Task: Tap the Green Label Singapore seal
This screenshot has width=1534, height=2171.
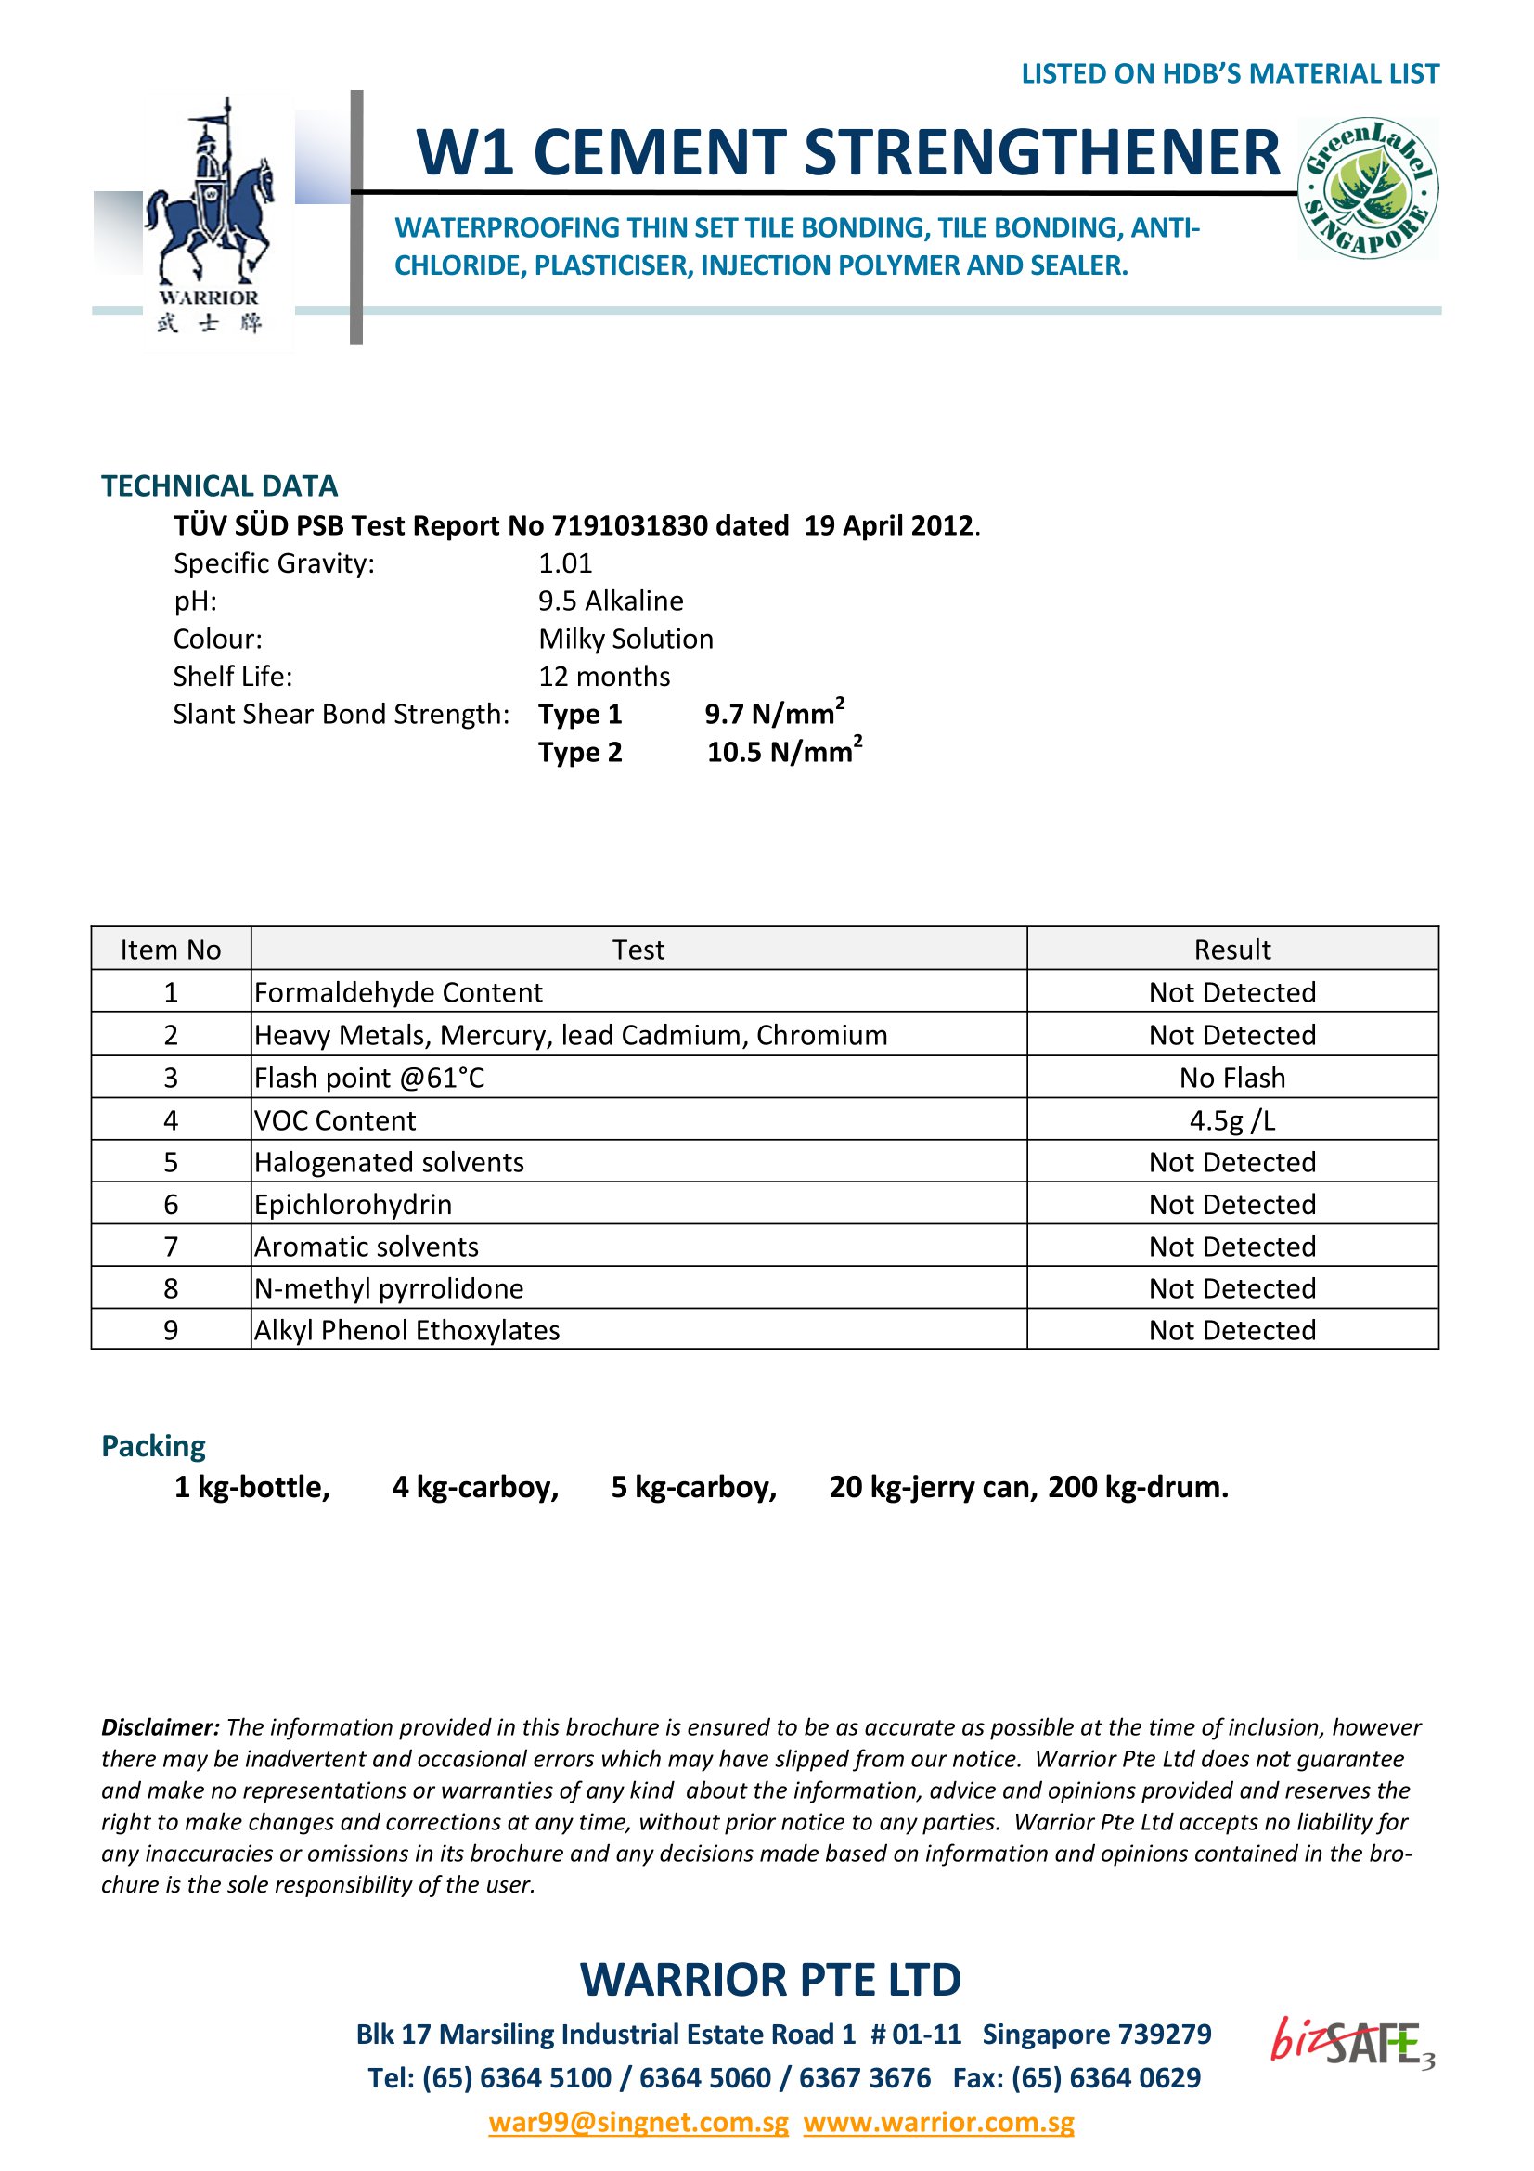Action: (x=1368, y=188)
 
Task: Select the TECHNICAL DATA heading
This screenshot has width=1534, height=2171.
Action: (x=219, y=486)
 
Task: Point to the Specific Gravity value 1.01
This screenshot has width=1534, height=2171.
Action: (x=565, y=563)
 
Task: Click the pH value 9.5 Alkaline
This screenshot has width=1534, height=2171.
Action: (x=611, y=601)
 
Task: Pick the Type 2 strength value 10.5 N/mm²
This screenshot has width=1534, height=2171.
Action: (x=783, y=753)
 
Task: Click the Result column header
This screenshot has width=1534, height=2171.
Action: (x=1231, y=950)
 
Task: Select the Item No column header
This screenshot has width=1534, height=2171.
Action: (x=170, y=950)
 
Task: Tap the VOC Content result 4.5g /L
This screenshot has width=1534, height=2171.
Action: (x=1231, y=1120)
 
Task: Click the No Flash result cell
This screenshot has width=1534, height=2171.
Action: (x=1231, y=1078)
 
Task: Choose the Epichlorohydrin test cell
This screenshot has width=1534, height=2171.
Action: (x=353, y=1205)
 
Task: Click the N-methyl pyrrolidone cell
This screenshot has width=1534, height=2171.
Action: (x=389, y=1289)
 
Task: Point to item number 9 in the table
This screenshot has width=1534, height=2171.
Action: (x=170, y=1330)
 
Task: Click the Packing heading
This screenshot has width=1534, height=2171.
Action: (x=153, y=1446)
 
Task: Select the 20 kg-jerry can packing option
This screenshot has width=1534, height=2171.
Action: (x=932, y=1487)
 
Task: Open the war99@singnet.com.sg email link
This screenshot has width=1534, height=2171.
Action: (x=638, y=2122)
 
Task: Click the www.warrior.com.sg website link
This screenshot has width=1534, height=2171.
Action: (x=938, y=2122)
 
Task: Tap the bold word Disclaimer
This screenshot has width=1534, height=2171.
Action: (x=160, y=1727)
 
